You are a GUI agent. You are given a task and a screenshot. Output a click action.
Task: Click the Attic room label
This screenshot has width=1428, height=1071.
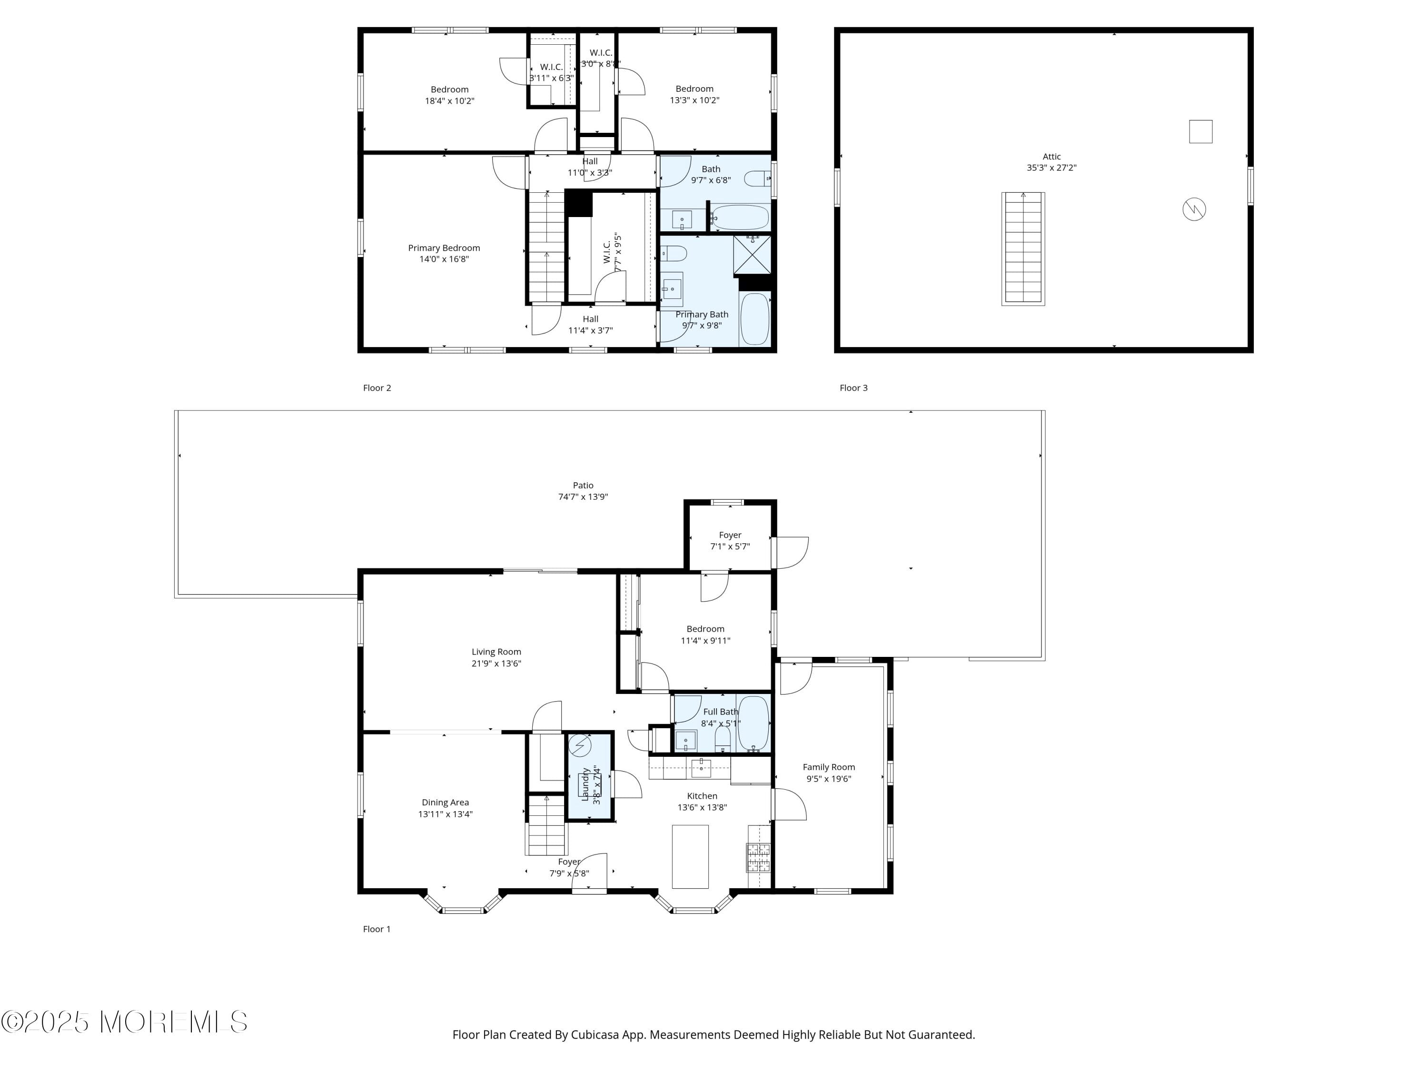(1051, 156)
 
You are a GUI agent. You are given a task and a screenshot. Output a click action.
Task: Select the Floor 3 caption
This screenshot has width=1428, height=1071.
(853, 387)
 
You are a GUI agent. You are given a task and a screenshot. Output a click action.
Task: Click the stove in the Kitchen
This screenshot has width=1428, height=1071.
(759, 857)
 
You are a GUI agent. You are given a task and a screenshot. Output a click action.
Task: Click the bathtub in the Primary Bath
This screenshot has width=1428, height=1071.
(754, 319)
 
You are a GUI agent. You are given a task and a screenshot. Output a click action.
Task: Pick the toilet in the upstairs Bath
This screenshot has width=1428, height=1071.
(757, 178)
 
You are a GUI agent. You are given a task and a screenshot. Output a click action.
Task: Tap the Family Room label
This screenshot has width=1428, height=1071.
(828, 767)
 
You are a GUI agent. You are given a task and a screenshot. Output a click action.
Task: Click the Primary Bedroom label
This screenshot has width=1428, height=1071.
(444, 248)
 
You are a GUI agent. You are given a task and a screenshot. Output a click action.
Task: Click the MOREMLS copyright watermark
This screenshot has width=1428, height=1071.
(124, 1022)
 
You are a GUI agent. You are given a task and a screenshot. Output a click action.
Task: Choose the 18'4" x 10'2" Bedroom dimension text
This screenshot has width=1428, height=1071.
(449, 101)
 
